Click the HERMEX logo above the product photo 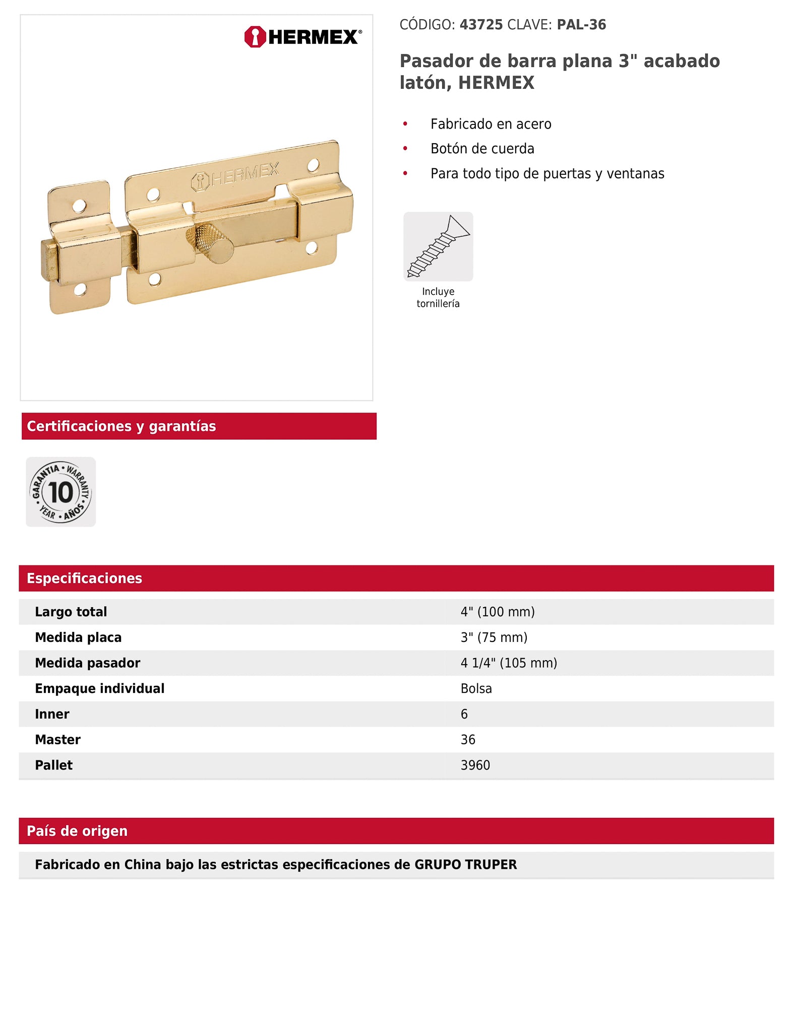(x=303, y=37)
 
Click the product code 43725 (x=481, y=25)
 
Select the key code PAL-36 (x=581, y=25)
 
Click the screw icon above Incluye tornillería (x=438, y=246)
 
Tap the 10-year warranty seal (x=60, y=492)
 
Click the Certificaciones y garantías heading (x=121, y=426)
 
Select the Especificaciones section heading (x=85, y=578)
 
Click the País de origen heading (x=77, y=831)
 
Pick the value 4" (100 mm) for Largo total (x=498, y=612)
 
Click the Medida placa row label (x=78, y=637)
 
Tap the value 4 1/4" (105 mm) (x=509, y=663)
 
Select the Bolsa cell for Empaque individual (x=476, y=689)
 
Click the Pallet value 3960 (x=475, y=765)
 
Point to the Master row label (x=57, y=740)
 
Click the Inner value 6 (x=464, y=714)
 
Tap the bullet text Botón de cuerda (x=482, y=149)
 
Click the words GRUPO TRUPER (x=465, y=865)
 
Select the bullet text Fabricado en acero (x=491, y=124)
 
